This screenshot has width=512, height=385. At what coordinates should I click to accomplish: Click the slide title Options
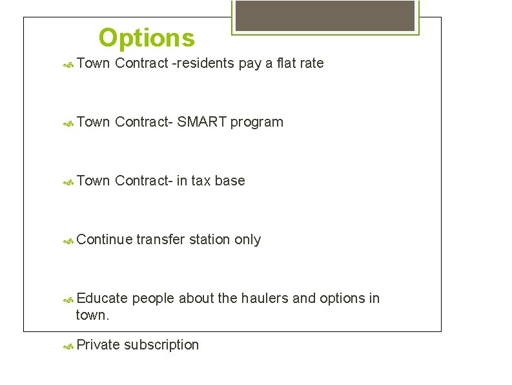pyautogui.click(x=147, y=38)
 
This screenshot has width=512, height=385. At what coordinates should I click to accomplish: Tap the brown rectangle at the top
pyautogui.click(x=325, y=16)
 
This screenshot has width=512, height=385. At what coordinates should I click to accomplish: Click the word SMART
pyautogui.click(x=201, y=122)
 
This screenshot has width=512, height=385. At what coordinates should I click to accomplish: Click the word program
pyautogui.click(x=257, y=122)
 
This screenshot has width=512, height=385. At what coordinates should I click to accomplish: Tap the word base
pyautogui.click(x=230, y=181)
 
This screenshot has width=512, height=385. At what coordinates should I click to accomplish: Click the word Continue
pyautogui.click(x=105, y=240)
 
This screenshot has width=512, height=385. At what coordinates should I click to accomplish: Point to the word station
pyautogui.click(x=212, y=240)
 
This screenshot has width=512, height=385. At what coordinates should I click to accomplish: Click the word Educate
pyautogui.click(x=102, y=298)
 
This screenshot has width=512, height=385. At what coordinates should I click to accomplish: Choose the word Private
pyautogui.click(x=98, y=345)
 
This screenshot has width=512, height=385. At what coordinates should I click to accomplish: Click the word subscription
pyautogui.click(x=161, y=345)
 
